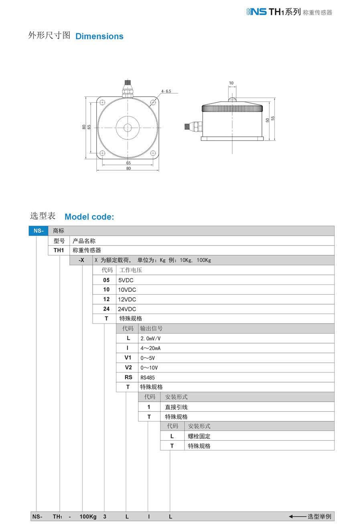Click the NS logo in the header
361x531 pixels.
pos(257,12)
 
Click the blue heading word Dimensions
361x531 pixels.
pos(99,36)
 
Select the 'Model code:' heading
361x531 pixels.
pos(89,217)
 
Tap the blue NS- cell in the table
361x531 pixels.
pos(38,231)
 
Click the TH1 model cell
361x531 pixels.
pos(59,250)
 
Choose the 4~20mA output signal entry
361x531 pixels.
pos(150,348)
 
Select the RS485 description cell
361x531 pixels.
pos(147,377)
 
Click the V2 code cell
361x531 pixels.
pos(128,368)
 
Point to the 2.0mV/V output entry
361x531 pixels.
pos(150,338)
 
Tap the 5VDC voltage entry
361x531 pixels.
pos(126,280)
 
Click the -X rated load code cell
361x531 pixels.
pos(81,260)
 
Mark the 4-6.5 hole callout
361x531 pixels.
pos(166,92)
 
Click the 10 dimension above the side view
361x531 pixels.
pos(231,83)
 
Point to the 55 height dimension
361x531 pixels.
pos(273,118)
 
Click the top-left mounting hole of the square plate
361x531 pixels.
pos(102,102)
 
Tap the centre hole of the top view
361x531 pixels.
pos(128,128)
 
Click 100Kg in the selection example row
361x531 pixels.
pos(88,517)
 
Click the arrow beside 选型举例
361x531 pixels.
pos(297,517)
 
